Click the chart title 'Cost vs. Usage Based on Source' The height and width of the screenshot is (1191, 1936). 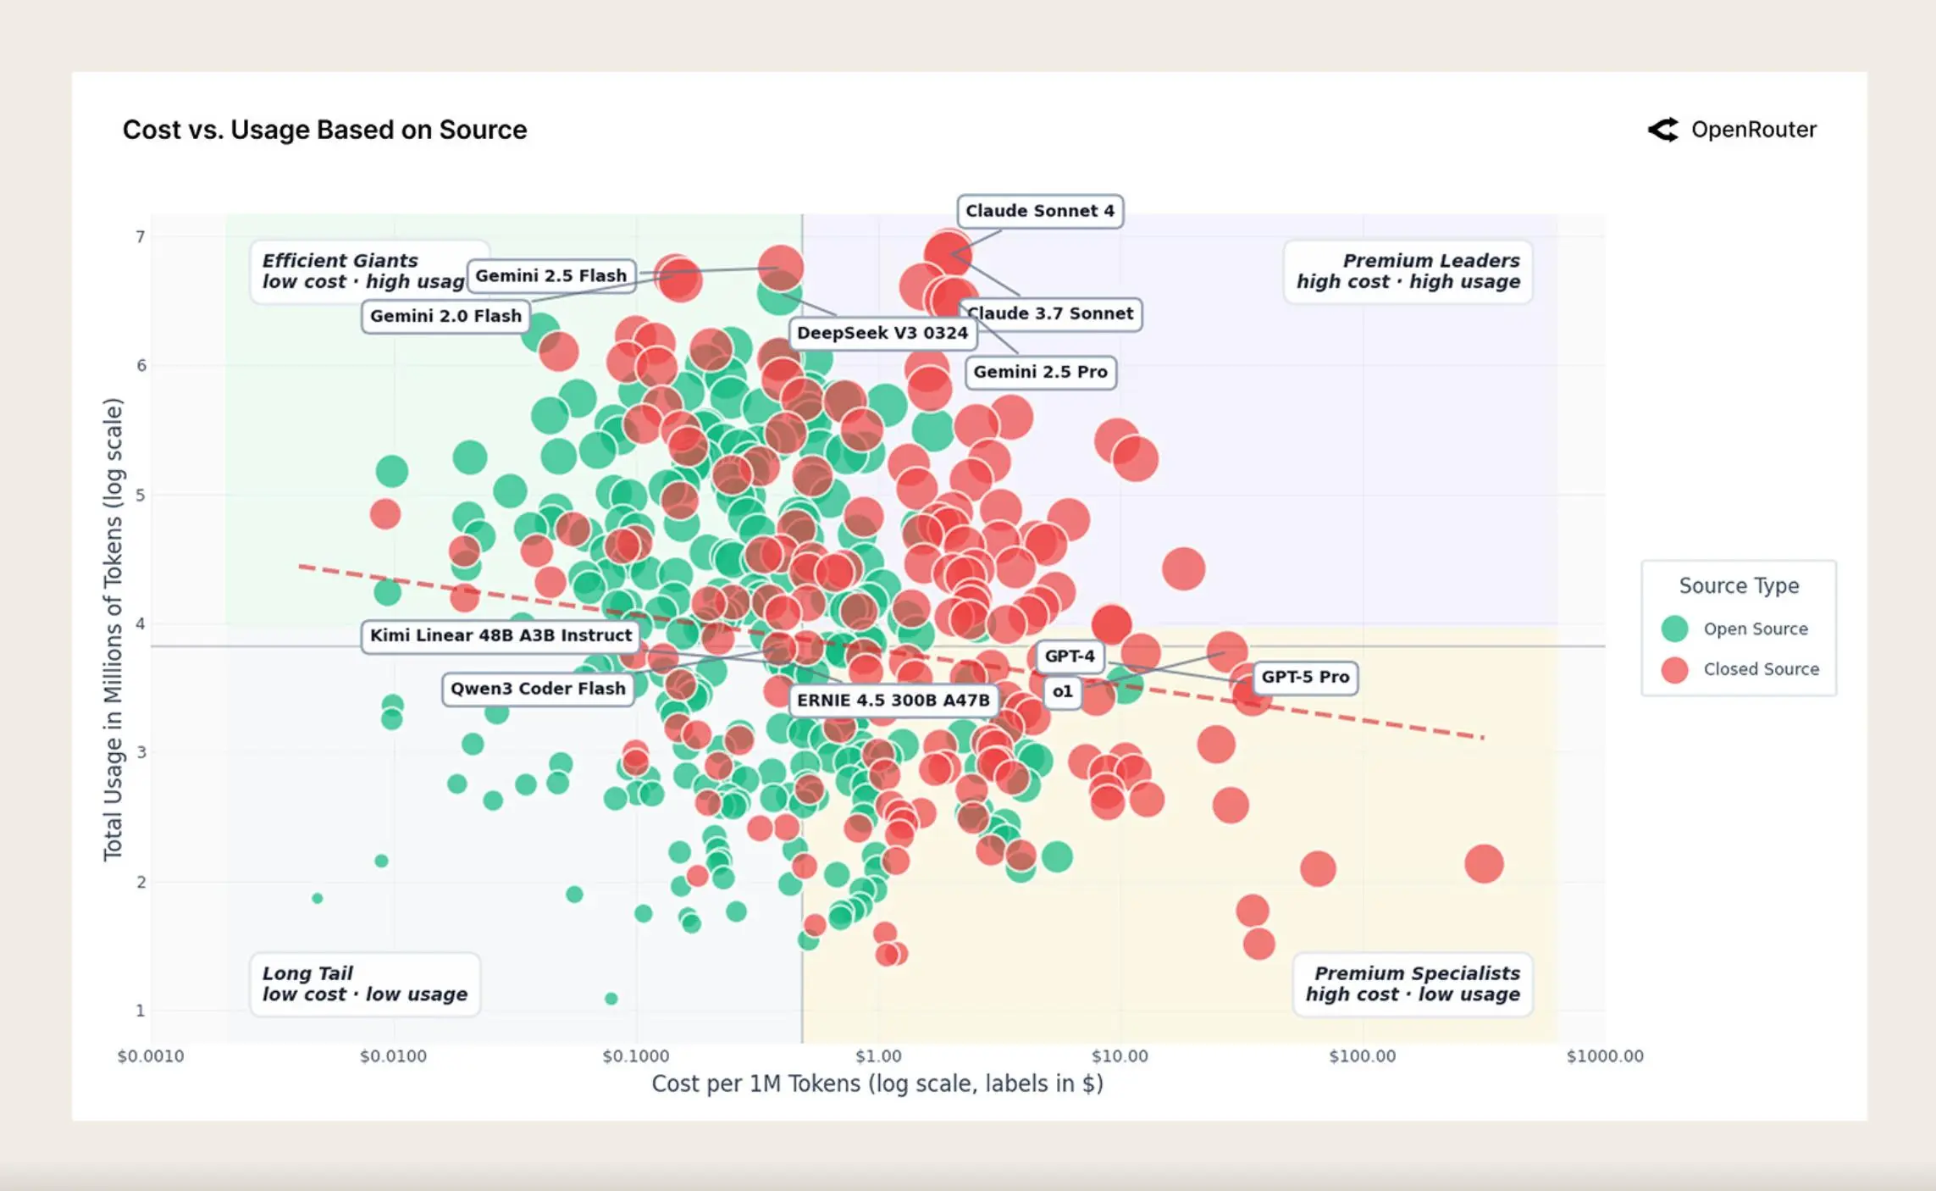pyautogui.click(x=324, y=130)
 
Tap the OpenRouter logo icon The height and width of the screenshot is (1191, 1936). pyautogui.click(x=1662, y=130)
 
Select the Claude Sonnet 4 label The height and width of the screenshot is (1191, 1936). pyautogui.click(x=1040, y=211)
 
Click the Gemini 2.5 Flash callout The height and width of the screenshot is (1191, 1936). pyautogui.click(x=551, y=275)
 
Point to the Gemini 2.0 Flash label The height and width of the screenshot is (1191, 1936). pyautogui.click(x=445, y=316)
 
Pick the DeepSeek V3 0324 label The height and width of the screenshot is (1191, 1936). pyautogui.click(x=882, y=333)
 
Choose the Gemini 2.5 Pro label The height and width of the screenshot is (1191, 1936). pyautogui.click(x=1041, y=372)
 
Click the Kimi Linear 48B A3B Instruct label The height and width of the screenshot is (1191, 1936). pyautogui.click(x=501, y=635)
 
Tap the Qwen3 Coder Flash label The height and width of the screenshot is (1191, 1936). pyautogui.click(x=538, y=689)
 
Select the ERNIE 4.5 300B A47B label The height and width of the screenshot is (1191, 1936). pyautogui.click(x=893, y=701)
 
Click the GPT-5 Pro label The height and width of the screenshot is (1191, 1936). pyautogui.click(x=1305, y=677)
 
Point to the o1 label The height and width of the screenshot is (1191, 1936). pyautogui.click(x=1062, y=691)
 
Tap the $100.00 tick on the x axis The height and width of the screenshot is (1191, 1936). pyautogui.click(x=1362, y=1056)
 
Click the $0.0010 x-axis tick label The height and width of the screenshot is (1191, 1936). pyautogui.click(x=151, y=1056)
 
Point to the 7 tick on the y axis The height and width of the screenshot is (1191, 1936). pyautogui.click(x=141, y=236)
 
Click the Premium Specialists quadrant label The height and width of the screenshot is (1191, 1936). pyautogui.click(x=1413, y=983)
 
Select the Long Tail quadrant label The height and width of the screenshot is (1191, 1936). pyautogui.click(x=365, y=983)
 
